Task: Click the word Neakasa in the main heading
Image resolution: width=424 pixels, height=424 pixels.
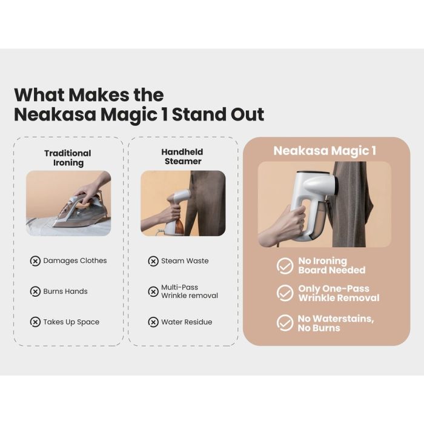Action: tap(55, 114)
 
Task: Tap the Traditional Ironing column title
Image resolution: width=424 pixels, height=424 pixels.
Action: tap(68, 158)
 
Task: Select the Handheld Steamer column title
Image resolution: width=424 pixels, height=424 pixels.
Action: tap(182, 156)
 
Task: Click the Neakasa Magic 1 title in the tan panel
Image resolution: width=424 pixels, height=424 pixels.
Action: tap(325, 151)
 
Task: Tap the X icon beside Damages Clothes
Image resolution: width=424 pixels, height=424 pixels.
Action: tap(35, 261)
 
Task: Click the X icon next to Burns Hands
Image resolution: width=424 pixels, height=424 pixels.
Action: tap(35, 291)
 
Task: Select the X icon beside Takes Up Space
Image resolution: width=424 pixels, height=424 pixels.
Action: tap(35, 322)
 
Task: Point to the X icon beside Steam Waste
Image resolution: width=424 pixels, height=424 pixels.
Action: tap(153, 261)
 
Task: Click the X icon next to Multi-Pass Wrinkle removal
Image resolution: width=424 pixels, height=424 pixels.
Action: tap(153, 292)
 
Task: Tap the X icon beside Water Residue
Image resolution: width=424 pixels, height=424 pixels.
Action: tap(153, 322)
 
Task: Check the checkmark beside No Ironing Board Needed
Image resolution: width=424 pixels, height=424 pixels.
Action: tap(285, 265)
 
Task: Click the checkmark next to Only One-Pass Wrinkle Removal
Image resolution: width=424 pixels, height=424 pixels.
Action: tap(285, 293)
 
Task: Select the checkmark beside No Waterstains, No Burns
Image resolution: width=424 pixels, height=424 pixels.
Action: tap(285, 323)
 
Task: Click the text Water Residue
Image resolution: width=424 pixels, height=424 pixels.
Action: tap(187, 322)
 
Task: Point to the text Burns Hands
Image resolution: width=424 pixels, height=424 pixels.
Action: tap(65, 291)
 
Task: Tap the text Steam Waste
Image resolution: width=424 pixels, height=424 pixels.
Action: tap(185, 261)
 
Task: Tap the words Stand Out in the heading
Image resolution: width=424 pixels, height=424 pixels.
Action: tap(218, 114)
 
